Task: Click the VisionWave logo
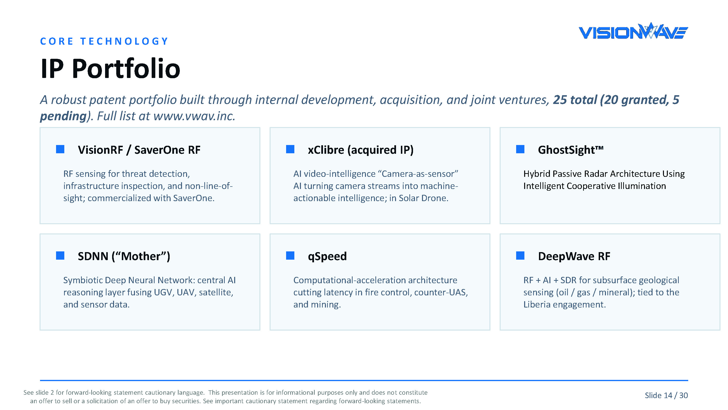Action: [x=633, y=31]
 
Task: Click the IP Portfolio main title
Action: [x=110, y=68]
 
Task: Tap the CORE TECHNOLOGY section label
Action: [x=104, y=41]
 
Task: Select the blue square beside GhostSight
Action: [x=520, y=149]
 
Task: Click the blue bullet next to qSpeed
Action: [x=290, y=256]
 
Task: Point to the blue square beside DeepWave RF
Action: [x=520, y=256]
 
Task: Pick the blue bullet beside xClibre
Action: [x=290, y=149]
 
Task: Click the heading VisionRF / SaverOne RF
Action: [x=139, y=150]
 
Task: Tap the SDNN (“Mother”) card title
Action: [x=124, y=256]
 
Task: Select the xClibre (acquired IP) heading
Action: [x=361, y=150]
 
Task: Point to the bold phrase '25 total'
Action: [x=575, y=100]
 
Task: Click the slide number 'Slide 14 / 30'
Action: [x=666, y=395]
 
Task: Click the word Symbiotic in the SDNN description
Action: [x=83, y=280]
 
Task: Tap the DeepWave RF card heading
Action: [x=574, y=256]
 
